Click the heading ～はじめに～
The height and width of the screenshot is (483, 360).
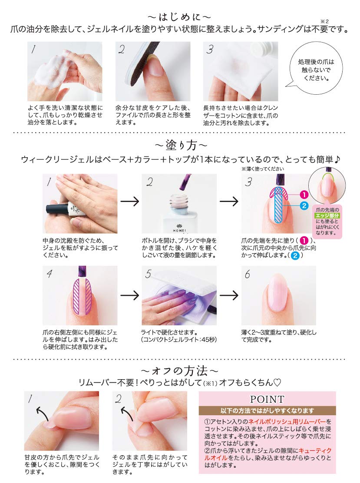(179, 17)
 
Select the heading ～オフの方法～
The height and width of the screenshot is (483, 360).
(179, 371)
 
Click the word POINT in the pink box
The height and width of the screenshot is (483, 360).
(267, 399)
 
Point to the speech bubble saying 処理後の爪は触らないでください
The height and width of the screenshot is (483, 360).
(316, 70)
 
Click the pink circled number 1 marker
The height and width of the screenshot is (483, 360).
(304, 195)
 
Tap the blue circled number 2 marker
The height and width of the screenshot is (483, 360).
(304, 205)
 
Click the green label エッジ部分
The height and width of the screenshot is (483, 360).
(327, 215)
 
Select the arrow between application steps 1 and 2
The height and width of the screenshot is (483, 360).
(130, 202)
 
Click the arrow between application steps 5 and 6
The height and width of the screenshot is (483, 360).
(229, 295)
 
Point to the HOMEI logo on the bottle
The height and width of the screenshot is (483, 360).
(179, 230)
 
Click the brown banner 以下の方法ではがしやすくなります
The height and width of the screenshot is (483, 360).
(267, 410)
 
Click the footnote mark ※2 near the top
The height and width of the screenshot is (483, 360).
(324, 21)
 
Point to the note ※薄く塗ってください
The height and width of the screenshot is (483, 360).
(263, 169)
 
